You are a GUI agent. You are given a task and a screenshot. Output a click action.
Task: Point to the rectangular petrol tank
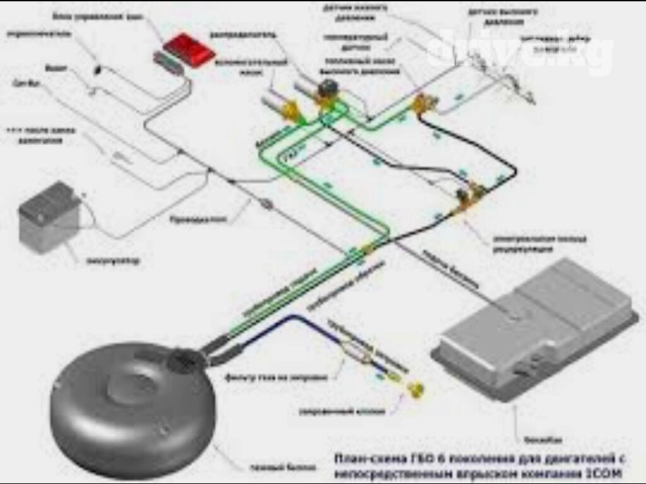(x=536, y=328)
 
